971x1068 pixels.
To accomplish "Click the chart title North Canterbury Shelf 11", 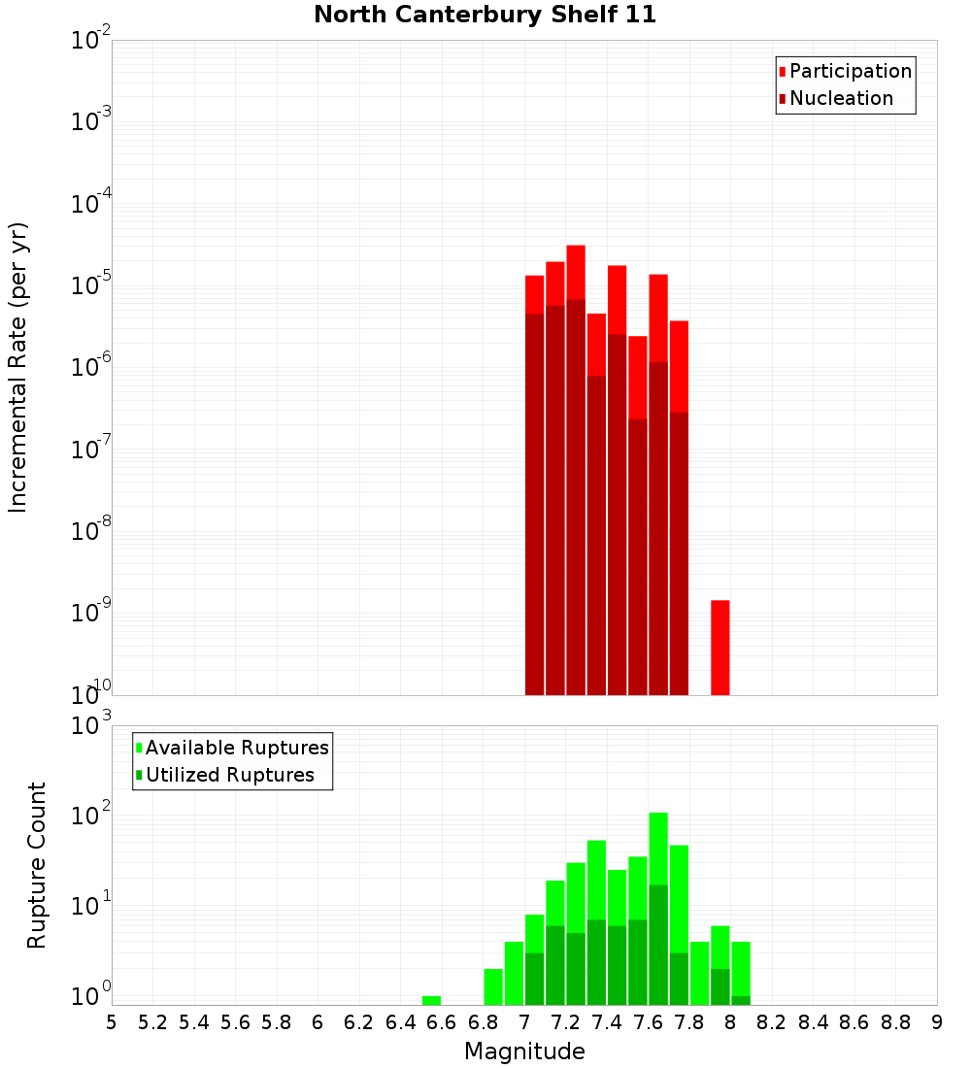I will (485, 15).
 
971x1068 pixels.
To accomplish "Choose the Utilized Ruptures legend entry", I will (229, 775).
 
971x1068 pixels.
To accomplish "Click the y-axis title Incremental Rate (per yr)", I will (18, 367).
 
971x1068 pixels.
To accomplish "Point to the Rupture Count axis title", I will (37, 865).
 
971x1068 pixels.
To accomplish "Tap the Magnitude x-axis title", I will (524, 1051).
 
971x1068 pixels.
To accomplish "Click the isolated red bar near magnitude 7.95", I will (720, 647).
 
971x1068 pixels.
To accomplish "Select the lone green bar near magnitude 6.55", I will (431, 1000).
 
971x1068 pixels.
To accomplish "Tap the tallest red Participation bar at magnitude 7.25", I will (576, 272).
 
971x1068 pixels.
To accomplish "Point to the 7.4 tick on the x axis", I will (607, 1022).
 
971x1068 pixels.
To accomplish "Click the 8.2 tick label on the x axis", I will (772, 1022).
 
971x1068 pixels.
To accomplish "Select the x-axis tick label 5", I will (112, 1022).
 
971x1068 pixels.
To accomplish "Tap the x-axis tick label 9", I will (937, 1022).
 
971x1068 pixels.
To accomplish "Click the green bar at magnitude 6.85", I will (493, 985).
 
